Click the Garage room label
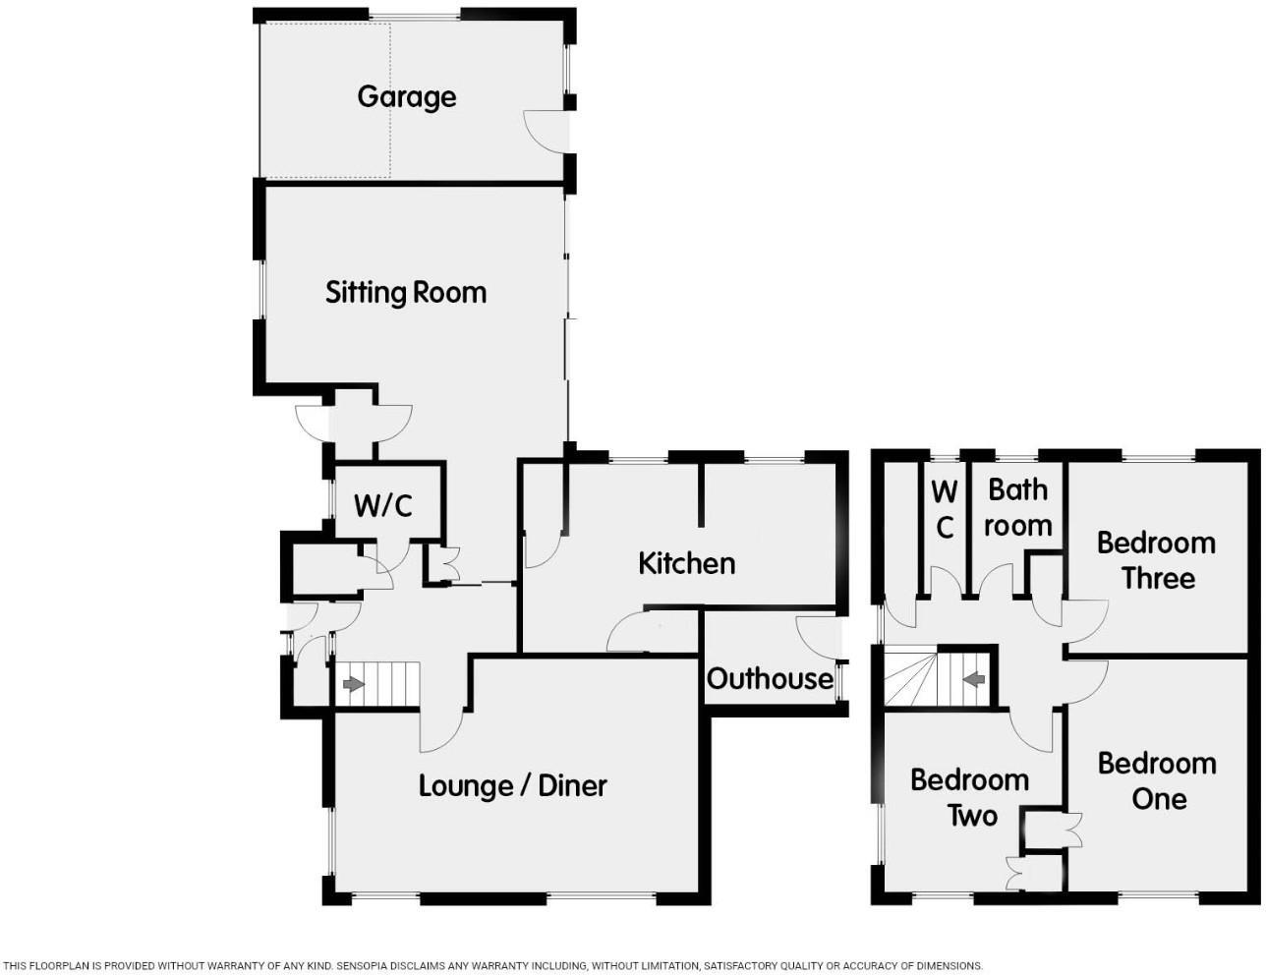(x=406, y=97)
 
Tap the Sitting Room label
(x=406, y=292)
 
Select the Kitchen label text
(x=687, y=563)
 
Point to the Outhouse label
(x=770, y=679)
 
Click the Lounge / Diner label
(x=513, y=785)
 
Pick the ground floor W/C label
(x=383, y=505)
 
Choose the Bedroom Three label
(x=1157, y=560)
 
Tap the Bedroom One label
(x=1157, y=781)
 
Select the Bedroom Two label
(x=969, y=797)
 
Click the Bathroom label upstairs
(x=1017, y=507)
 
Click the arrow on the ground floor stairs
(x=354, y=684)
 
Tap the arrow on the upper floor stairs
(x=974, y=679)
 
